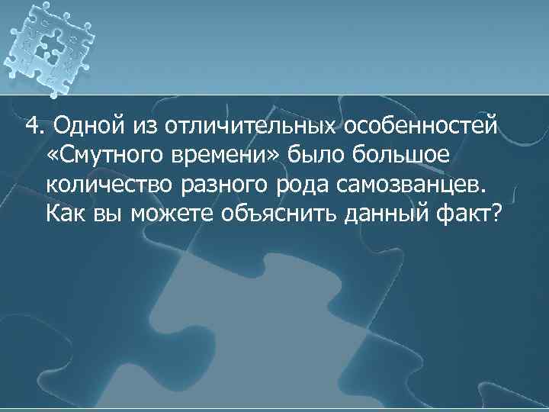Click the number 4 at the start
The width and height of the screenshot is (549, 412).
click(x=31, y=124)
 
